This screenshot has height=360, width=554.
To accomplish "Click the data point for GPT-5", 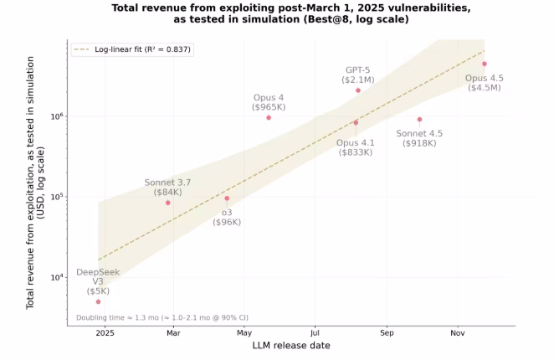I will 358,90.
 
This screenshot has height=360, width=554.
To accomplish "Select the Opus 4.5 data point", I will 484,64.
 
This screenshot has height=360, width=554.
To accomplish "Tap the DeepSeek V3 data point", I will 98,301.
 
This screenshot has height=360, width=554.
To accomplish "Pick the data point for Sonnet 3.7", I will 168,203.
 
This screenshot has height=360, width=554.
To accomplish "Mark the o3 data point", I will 227,198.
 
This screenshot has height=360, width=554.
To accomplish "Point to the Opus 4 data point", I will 269,117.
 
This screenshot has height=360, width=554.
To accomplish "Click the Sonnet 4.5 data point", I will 419,119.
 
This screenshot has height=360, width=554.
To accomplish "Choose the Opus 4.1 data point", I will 356,122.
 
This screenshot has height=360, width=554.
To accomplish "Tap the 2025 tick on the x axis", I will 104,332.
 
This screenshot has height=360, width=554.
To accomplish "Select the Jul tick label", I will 315,332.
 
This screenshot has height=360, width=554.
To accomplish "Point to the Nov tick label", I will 457,332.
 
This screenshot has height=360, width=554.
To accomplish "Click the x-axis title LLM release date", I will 290,346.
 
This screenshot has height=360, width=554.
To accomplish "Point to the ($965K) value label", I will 269,107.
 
